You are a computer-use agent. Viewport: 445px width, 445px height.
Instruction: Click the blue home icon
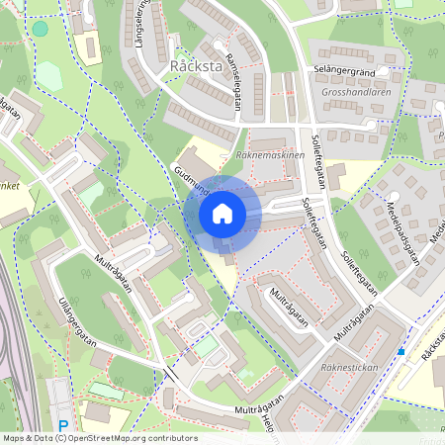pos(222,214)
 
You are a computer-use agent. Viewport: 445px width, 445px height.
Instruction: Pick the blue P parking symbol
pos(62,426)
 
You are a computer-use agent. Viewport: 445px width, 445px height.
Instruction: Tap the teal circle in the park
pos(40,29)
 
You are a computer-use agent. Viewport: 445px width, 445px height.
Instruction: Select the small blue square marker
pos(400,351)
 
